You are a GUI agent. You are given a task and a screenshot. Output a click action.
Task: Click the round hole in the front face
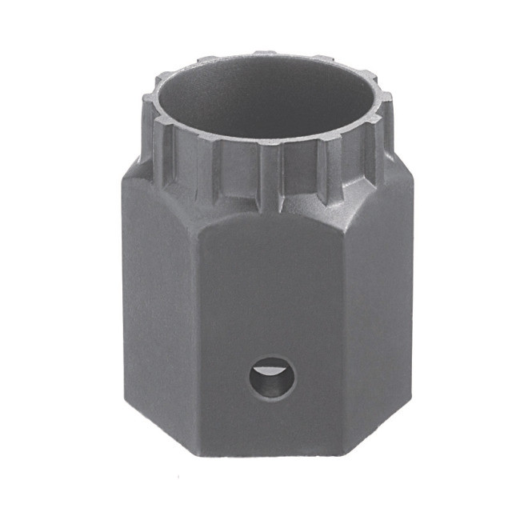point(270,378)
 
